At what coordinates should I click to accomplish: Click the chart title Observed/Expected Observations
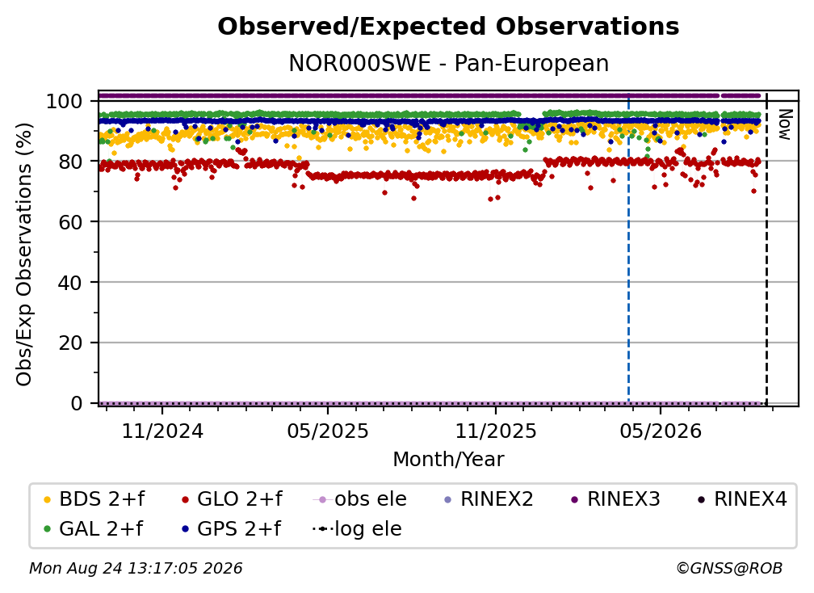click(x=448, y=27)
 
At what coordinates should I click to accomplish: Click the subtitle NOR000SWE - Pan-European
click(x=448, y=63)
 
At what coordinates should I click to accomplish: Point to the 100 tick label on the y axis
click(x=64, y=101)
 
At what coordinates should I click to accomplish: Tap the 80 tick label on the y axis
click(x=70, y=162)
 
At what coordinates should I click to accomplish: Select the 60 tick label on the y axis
click(x=70, y=222)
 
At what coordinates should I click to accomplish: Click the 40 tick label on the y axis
click(x=70, y=283)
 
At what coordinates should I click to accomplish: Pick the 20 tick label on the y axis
click(x=70, y=343)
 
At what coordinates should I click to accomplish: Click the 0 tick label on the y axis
click(x=76, y=403)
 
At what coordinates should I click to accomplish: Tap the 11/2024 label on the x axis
click(x=162, y=431)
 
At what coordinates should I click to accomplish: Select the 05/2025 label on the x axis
click(x=328, y=431)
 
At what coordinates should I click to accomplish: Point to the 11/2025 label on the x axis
click(x=496, y=431)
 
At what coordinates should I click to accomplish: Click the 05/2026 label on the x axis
click(x=661, y=431)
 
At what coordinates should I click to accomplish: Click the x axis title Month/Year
click(x=448, y=460)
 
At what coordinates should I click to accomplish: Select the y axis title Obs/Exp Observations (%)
click(x=24, y=254)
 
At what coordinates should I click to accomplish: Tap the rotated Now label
click(x=784, y=124)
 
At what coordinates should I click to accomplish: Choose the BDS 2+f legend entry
click(x=94, y=499)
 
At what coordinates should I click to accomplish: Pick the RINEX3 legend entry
click(x=615, y=499)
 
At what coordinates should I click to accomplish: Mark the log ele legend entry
click(x=357, y=529)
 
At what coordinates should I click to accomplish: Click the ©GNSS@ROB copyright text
click(x=729, y=569)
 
